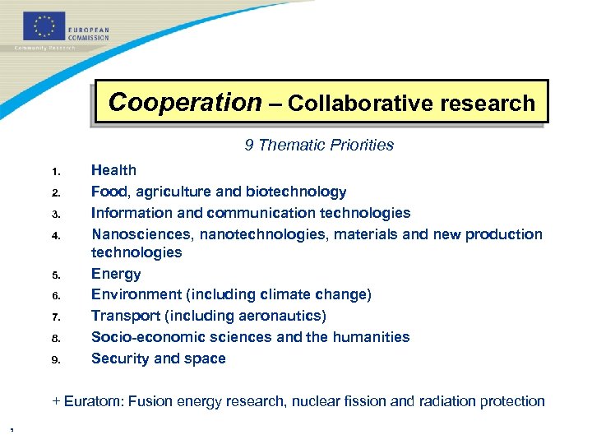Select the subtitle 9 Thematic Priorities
(319, 146)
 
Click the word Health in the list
(113, 170)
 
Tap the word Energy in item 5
(116, 274)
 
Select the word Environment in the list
(136, 294)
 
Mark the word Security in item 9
(120, 358)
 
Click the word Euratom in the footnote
(90, 401)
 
